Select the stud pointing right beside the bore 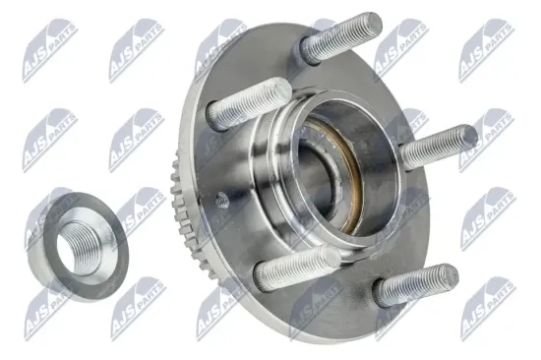pyautogui.click(x=438, y=147)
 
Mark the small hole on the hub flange pyautogui.click(x=220, y=200)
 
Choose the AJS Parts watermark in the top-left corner pyautogui.click(x=49, y=38)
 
